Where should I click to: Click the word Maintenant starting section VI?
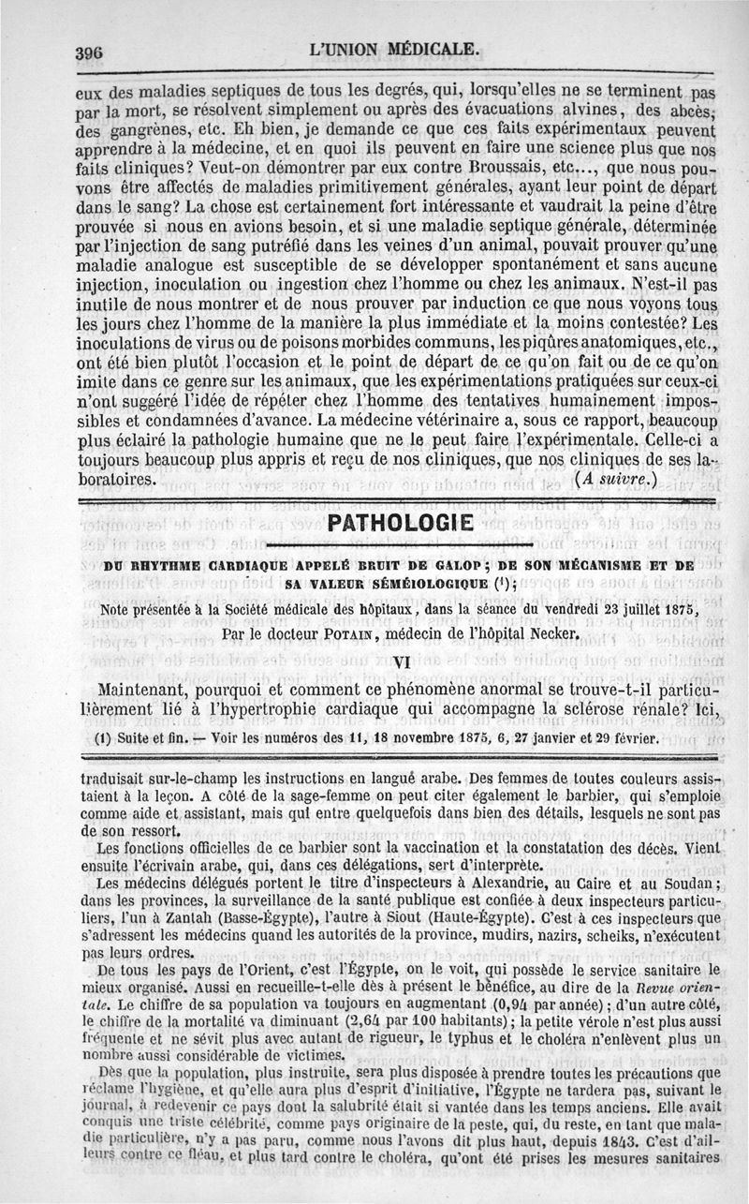pyautogui.click(x=158, y=689)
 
